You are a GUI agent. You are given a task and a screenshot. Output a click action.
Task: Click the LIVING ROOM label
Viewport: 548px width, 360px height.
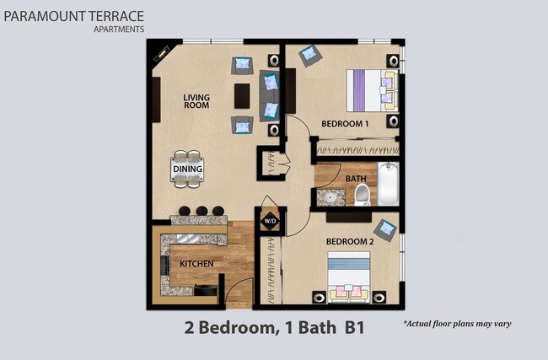196,102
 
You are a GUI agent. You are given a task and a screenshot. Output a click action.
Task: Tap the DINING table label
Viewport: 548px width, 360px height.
187,169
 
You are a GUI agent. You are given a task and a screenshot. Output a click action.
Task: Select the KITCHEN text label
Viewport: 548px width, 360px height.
196,264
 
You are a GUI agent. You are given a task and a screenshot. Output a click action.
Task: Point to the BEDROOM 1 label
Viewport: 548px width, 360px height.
345,124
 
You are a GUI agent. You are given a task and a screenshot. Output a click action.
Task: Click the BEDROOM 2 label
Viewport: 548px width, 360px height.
349,242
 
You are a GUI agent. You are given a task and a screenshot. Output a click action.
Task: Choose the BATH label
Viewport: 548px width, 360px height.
355,178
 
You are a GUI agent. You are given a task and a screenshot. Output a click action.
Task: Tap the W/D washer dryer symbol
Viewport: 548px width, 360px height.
270,223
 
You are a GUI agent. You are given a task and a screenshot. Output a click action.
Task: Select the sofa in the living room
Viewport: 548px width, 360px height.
271,95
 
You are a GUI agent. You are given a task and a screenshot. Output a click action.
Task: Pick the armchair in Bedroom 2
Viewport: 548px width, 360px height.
385,228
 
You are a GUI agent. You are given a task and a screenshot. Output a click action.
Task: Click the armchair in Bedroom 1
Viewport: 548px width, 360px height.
309,56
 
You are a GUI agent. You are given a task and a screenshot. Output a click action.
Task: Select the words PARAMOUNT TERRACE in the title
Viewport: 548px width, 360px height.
73,16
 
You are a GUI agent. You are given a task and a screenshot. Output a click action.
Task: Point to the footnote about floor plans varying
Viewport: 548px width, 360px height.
457,324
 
